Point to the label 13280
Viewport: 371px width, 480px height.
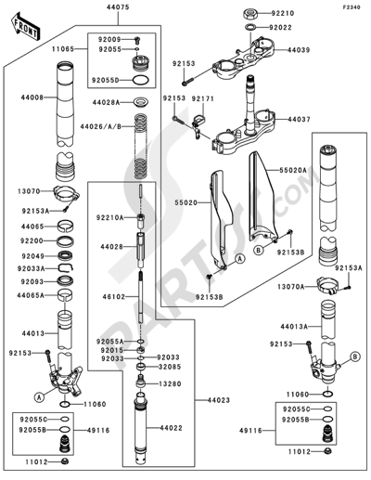tap(168, 382)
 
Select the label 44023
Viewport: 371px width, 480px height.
tap(206, 401)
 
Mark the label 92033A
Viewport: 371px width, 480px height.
tap(26, 267)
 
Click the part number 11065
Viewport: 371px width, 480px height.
tap(75, 45)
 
